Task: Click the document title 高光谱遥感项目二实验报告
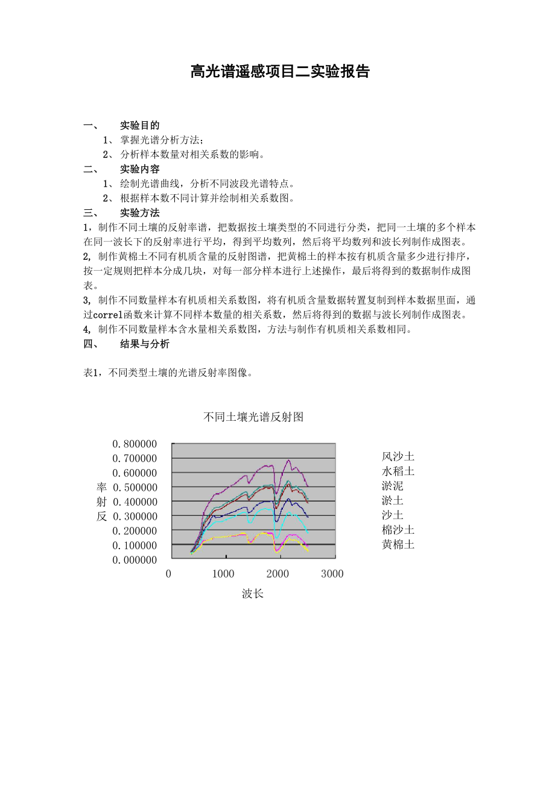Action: tap(279, 72)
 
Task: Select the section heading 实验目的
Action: tap(140, 125)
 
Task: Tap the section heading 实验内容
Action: tap(140, 169)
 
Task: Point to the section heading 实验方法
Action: tap(140, 213)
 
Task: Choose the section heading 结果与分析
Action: tap(145, 344)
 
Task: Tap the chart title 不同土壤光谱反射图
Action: tap(253, 417)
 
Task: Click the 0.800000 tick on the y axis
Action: tap(135, 444)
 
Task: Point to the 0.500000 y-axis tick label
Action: tap(135, 487)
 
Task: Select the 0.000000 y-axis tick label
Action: tap(135, 560)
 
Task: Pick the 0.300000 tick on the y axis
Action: tap(135, 516)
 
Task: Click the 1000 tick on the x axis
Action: tap(223, 574)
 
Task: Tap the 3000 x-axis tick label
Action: tap(332, 574)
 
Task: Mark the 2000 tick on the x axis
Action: tap(278, 574)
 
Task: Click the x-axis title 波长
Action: tap(253, 594)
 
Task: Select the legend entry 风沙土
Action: tap(398, 456)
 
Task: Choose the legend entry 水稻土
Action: tap(398, 471)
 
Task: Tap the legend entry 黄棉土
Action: tap(398, 544)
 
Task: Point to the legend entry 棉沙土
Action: tap(398, 530)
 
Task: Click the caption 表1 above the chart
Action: tap(91, 373)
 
